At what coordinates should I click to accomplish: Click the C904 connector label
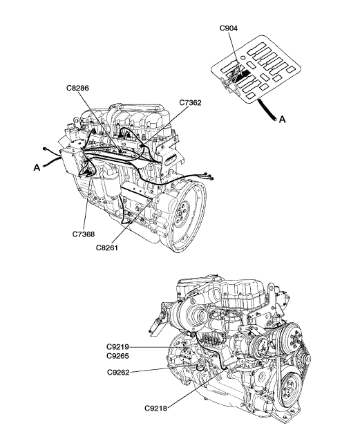(x=229, y=28)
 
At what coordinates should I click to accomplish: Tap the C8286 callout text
(x=77, y=88)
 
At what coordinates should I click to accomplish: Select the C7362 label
(x=190, y=103)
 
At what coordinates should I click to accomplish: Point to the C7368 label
(x=84, y=234)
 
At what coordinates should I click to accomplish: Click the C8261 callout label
(x=107, y=247)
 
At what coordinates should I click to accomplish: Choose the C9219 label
(x=117, y=347)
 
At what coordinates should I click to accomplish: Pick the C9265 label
(x=117, y=356)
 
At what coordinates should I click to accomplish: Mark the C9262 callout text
(x=118, y=373)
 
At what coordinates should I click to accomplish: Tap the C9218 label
(x=155, y=409)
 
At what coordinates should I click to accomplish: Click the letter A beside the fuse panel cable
(x=283, y=120)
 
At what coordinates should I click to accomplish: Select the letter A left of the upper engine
(x=37, y=168)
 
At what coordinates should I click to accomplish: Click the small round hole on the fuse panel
(x=243, y=57)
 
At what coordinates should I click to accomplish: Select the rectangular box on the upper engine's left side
(x=71, y=161)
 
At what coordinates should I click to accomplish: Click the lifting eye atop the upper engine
(x=77, y=121)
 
